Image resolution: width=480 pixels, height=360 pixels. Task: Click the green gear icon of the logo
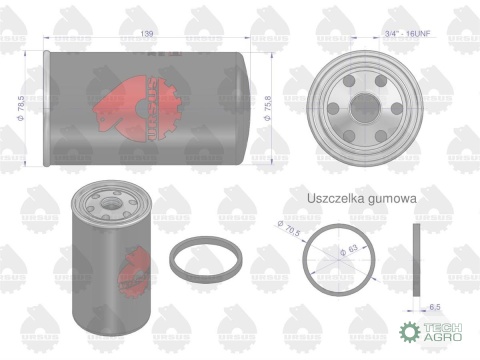[x=408, y=334]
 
